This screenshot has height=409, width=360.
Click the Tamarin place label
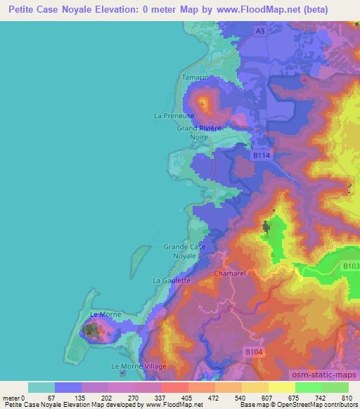point(195,77)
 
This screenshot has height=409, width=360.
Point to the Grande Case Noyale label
point(184,251)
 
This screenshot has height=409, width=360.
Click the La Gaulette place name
point(172,280)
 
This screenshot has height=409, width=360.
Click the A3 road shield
point(260,32)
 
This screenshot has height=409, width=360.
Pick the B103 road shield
point(351,266)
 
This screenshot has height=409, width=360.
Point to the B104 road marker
point(255,350)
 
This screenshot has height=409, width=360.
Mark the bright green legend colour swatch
point(308,387)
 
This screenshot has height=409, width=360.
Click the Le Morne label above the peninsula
point(105,314)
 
